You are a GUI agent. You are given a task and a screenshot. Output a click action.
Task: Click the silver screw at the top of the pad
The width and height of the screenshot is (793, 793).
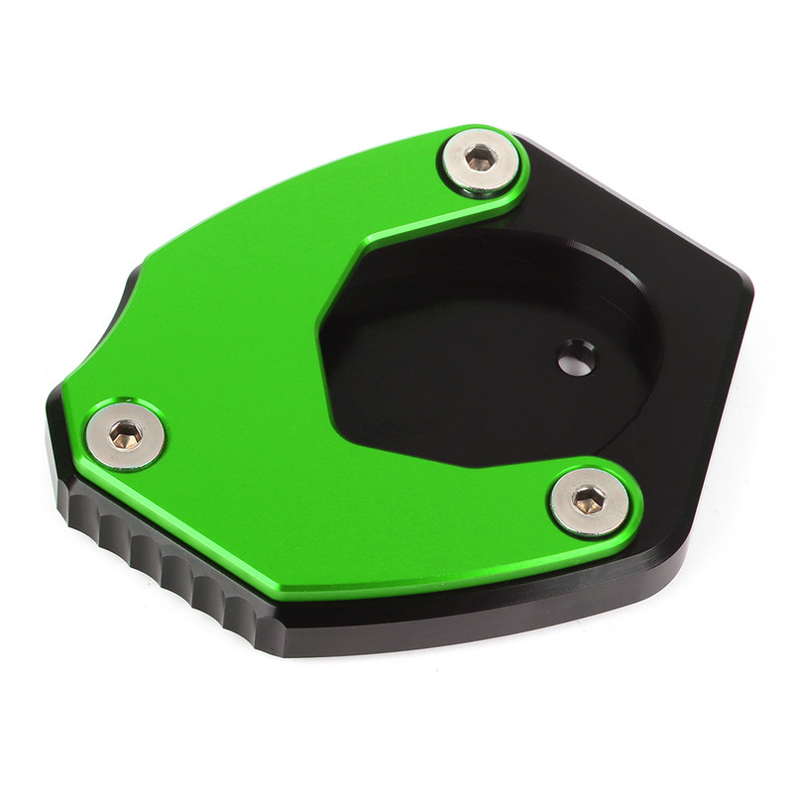coord(481,160)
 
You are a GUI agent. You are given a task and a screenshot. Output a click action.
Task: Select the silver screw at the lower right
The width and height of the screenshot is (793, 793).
coord(589,501)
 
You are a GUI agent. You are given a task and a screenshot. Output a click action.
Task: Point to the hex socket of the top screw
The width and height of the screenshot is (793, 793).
coord(481,158)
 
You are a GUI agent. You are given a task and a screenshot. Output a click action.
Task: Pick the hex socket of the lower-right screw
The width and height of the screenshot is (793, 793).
coord(589,499)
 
